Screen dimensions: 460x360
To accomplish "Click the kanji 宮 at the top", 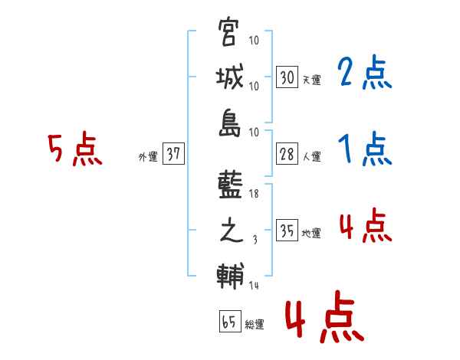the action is (x=231, y=34).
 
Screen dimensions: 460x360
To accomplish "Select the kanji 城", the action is (x=231, y=78).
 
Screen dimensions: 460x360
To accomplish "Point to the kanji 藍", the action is (x=231, y=188).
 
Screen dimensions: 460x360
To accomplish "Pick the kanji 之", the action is (x=231, y=232).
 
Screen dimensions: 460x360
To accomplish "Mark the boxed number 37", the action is (x=174, y=154).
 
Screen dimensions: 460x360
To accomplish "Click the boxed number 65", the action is (x=229, y=322).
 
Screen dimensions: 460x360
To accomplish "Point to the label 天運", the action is (x=311, y=80).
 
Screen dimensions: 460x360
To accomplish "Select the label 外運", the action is (x=148, y=157).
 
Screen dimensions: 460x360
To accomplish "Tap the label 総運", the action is (x=254, y=325).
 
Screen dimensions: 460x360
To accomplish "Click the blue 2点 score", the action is (x=365, y=74).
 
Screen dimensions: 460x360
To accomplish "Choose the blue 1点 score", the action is (x=365, y=149).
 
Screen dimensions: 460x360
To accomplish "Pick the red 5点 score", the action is (x=75, y=149).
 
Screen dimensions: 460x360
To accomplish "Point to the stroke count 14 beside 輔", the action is (x=254, y=286).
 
